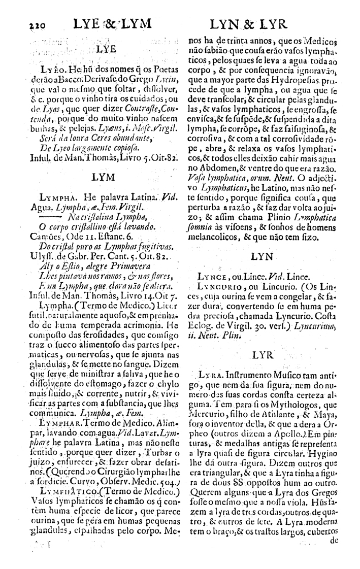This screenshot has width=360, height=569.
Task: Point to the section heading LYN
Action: (262, 257)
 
